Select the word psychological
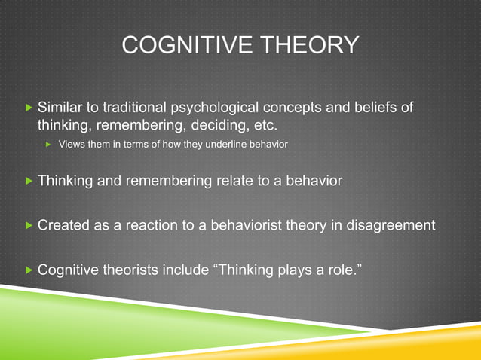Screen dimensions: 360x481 [x=213, y=108]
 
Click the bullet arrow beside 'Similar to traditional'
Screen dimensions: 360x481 [x=28, y=108]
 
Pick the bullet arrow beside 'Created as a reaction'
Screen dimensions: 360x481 [x=28, y=225]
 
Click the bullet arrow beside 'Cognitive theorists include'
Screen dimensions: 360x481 [x=28, y=270]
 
